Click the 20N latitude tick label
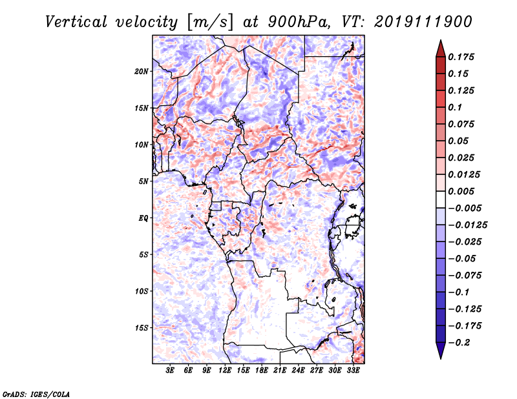coord(142,72)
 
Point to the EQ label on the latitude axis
coord(143,218)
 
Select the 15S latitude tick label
coord(142,328)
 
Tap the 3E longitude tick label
coord(170,370)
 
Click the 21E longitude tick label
coord(280,370)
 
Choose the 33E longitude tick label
coord(353,370)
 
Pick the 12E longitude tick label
coord(224,370)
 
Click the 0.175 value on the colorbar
coord(461,57)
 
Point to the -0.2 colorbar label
coord(459,343)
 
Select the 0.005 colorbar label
coord(461,191)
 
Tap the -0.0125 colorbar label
coord(467,225)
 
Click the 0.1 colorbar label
coord(455,107)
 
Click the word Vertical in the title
coord(76,22)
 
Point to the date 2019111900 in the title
coord(423,22)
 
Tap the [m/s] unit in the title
coord(209,23)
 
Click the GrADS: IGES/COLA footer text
coord(36,394)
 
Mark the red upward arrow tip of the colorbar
coord(441,41)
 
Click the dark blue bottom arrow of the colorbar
coord(441,351)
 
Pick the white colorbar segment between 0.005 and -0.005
coord(441,200)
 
